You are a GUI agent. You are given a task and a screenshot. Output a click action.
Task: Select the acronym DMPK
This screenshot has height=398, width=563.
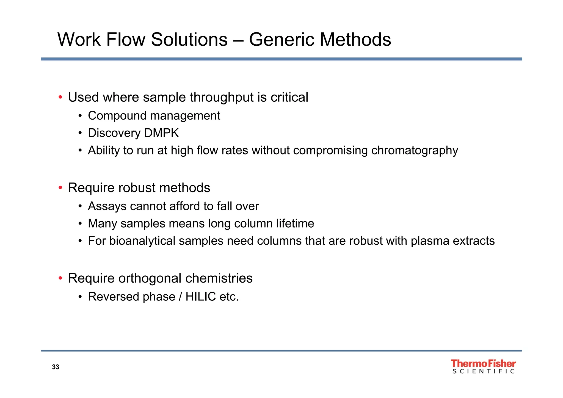click(161, 133)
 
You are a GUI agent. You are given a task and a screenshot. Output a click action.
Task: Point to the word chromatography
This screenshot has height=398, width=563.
click(415, 151)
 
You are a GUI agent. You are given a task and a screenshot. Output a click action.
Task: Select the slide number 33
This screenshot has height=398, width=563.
click(56, 367)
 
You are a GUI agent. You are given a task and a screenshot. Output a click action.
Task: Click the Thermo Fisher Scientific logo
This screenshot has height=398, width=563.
click(483, 366)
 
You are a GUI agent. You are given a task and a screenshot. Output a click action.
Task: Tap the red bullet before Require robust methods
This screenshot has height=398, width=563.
click(60, 188)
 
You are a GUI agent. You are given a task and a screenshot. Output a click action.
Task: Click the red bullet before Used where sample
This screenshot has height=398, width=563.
click(60, 97)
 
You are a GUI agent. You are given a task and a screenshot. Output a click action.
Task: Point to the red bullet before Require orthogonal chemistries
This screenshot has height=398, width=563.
click(60, 278)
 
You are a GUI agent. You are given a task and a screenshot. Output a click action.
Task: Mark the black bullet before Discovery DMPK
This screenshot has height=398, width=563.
click(80, 133)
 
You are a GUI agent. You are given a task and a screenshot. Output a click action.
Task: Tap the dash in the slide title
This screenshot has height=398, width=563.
click(238, 40)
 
